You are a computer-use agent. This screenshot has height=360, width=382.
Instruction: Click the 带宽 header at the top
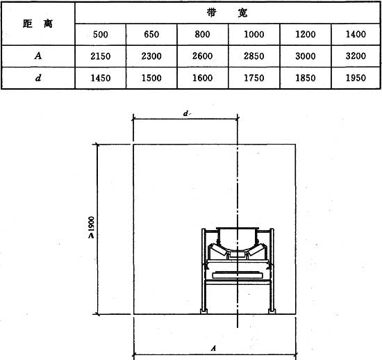pos(227,13)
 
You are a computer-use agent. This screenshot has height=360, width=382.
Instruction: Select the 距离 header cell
pos(38,24)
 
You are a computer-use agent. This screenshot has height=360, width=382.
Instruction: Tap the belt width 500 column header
pos(101,34)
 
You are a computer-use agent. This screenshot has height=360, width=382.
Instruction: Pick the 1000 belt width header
pos(254,34)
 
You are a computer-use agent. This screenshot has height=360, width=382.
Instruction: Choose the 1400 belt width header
pos(356,34)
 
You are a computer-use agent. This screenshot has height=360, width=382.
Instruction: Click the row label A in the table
pos(38,56)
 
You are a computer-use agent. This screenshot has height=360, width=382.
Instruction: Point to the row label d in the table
pos(38,78)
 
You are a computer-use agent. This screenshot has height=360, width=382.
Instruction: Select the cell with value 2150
pos(101,56)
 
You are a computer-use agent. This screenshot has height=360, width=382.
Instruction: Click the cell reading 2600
pos(202,56)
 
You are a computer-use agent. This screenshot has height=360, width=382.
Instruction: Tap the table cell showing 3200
pos(356,56)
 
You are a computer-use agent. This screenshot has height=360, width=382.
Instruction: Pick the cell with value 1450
pos(101,79)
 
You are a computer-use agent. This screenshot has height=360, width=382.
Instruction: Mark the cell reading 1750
pos(254,78)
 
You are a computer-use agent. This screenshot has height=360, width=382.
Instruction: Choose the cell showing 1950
pos(356,78)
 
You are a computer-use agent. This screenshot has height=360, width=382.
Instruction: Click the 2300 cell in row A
pos(151,56)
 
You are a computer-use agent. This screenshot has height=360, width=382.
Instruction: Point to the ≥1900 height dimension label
pos(91,227)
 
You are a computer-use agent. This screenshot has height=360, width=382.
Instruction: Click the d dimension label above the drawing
pos(186,113)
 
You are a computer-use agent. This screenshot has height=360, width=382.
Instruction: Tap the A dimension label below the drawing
pos(213,348)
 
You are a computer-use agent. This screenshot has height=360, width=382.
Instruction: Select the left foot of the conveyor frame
pos(204,311)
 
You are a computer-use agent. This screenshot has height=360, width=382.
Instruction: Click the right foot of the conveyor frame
pos(272,311)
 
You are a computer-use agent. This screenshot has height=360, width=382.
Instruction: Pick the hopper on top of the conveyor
pos(238,236)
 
